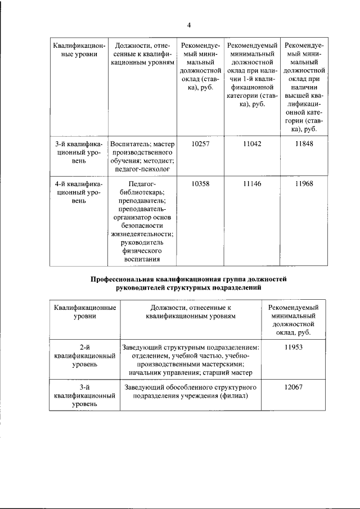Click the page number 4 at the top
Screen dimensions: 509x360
[x=189, y=25]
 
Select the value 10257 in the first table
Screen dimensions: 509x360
[x=200, y=144]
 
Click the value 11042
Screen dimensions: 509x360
[x=252, y=144]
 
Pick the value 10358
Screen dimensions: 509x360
[x=200, y=184]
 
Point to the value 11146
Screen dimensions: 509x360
[x=252, y=184]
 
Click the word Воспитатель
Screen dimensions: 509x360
[x=130, y=144]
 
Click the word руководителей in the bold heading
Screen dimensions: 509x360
[x=141, y=287]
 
